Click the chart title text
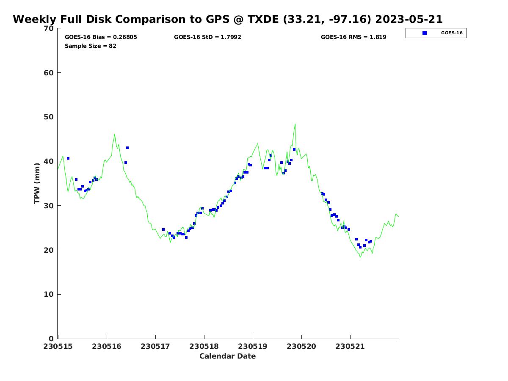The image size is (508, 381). [228, 19]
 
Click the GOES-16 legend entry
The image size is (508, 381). [436, 33]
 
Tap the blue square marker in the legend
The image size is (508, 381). [425, 33]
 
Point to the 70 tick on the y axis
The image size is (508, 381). [50, 28]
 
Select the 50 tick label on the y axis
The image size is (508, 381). [50, 117]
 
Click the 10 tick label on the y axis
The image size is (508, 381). [50, 294]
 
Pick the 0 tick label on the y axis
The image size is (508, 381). [52, 339]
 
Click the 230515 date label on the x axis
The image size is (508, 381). [58, 346]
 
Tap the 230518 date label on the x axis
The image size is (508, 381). [204, 346]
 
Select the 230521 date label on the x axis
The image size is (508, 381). [350, 346]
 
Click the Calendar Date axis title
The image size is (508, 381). [228, 356]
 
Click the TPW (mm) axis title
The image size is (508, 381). [37, 183]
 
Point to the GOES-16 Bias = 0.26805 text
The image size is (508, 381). [101, 37]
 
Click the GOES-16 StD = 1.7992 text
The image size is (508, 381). [207, 37]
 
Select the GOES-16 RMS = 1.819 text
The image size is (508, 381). [353, 37]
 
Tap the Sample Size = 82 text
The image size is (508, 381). [91, 46]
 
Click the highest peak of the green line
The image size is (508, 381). [295, 124]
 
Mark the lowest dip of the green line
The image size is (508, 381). [360, 257]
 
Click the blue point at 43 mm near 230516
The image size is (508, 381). [127, 148]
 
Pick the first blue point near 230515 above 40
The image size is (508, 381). [68, 158]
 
